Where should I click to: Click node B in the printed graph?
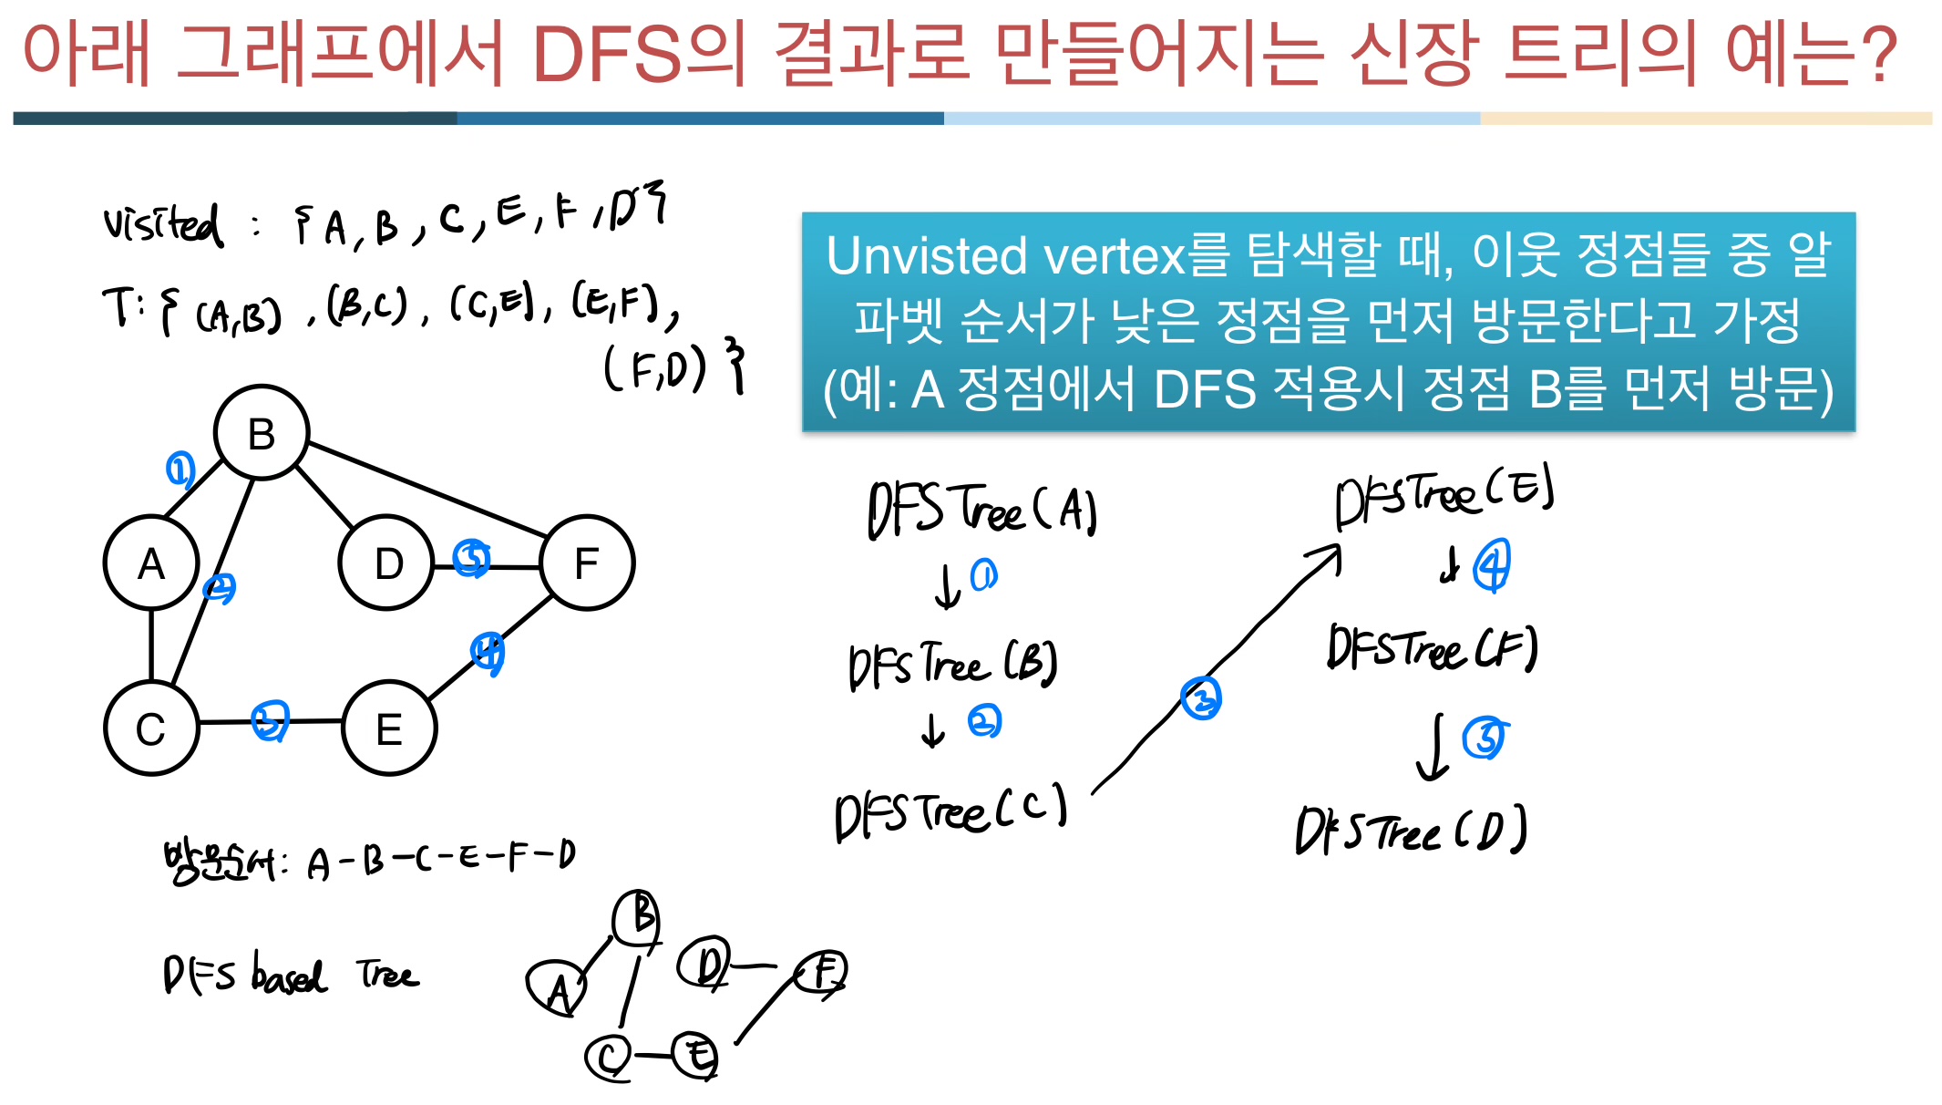click(262, 433)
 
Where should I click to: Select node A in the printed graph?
click(151, 563)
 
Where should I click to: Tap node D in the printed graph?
click(386, 563)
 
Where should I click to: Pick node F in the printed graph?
click(587, 563)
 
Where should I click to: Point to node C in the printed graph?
click(151, 728)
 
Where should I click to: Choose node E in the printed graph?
click(389, 728)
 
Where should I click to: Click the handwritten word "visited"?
click(162, 223)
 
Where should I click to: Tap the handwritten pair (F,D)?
click(654, 368)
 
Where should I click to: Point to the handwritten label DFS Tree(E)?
click(1444, 495)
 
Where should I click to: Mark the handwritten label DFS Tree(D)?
click(1411, 830)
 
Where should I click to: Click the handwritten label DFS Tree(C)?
click(950, 811)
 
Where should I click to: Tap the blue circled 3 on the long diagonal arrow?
click(1201, 698)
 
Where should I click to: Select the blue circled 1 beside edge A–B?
click(180, 470)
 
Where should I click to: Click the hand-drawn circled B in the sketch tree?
click(638, 917)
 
